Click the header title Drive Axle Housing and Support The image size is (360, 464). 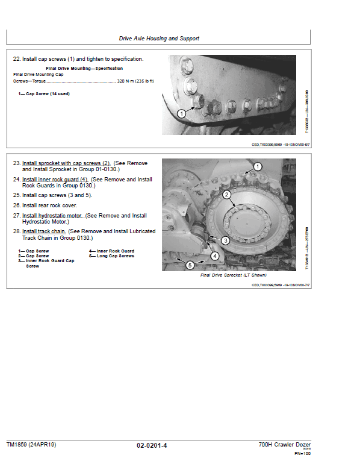[x=159, y=39]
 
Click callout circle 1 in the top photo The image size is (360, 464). [x=181, y=113]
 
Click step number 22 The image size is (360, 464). [x=16, y=59]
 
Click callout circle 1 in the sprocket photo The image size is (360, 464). [x=257, y=166]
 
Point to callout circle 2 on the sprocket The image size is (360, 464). [x=227, y=195]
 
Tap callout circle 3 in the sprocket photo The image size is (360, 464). [x=225, y=240]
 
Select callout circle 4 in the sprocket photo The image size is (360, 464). [x=214, y=256]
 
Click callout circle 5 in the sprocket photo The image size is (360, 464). [x=190, y=265]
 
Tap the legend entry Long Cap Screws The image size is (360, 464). [x=111, y=256]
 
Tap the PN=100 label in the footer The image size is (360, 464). [x=302, y=453]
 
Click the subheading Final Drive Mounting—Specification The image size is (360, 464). [x=84, y=69]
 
